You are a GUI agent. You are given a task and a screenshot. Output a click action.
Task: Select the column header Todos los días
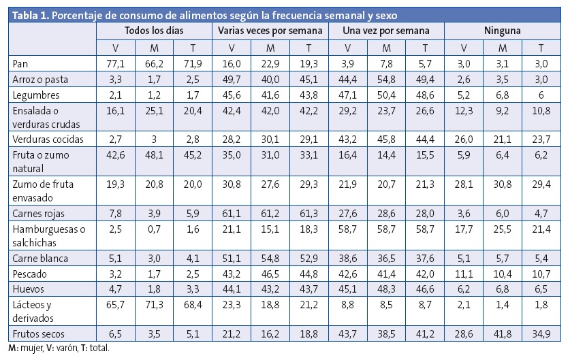coord(154,31)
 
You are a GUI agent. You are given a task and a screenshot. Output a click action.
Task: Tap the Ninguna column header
coord(503,31)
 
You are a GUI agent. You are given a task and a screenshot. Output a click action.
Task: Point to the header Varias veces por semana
coord(270,31)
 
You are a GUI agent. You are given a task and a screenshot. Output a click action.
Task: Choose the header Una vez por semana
coord(386,31)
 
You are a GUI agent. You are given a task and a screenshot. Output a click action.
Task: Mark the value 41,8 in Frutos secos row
coord(502,334)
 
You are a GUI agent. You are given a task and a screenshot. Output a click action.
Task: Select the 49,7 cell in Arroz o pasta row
coord(231,79)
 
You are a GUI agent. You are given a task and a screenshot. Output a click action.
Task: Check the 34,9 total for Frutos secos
coord(541,334)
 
